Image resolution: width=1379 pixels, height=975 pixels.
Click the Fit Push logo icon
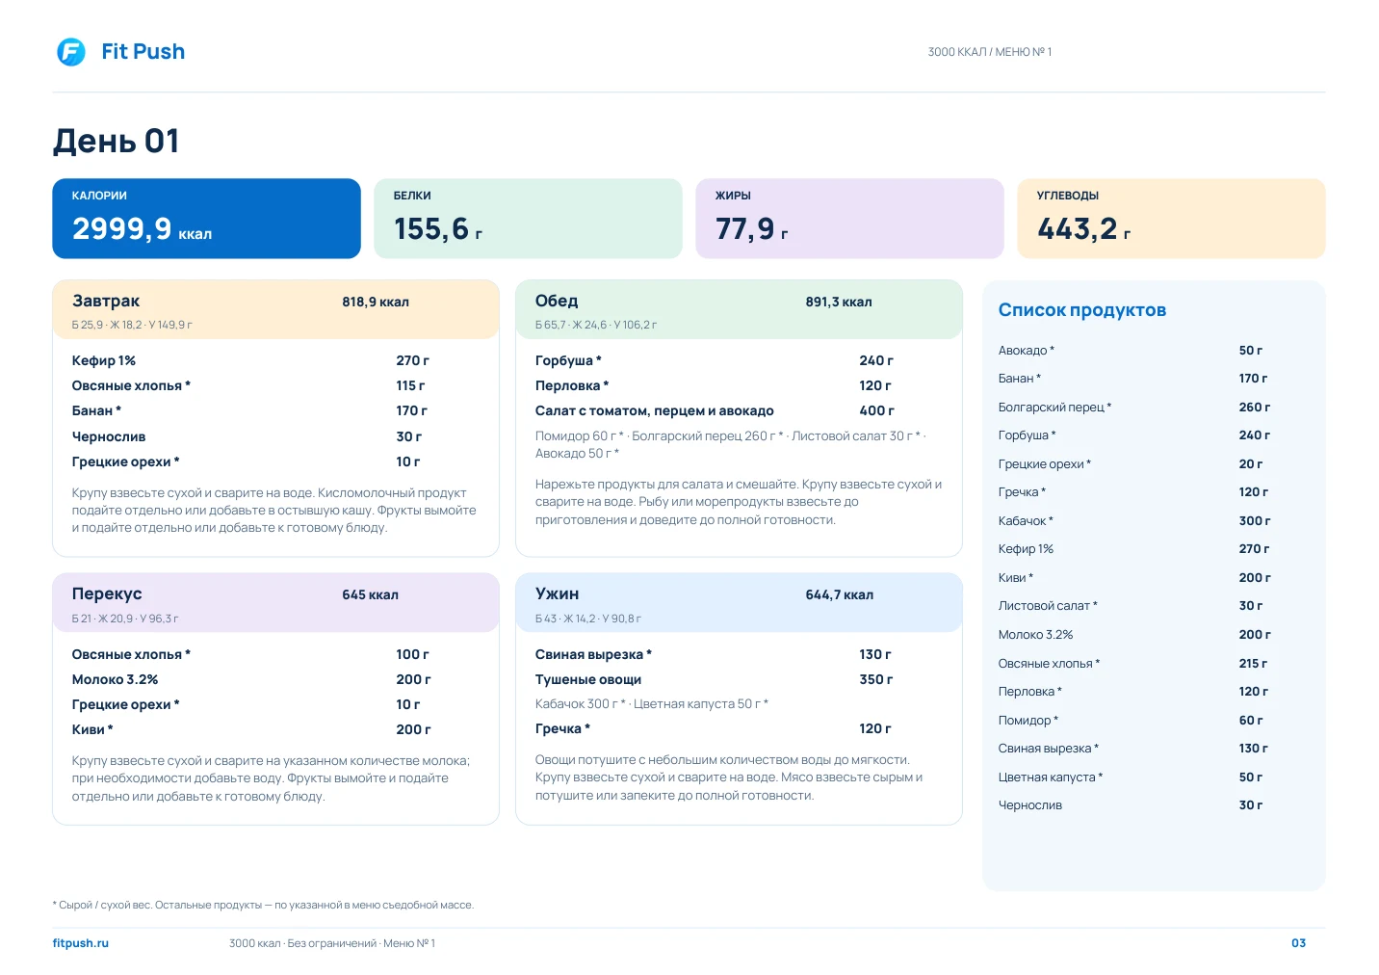(71, 52)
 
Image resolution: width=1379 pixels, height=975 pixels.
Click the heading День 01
(116, 141)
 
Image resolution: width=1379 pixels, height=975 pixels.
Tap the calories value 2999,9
(122, 228)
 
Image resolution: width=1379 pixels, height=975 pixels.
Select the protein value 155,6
(431, 228)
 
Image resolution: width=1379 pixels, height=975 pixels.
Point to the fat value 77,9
(745, 228)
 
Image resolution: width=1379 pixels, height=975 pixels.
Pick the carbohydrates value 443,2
(1077, 228)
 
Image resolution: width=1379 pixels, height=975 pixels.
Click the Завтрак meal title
(106, 301)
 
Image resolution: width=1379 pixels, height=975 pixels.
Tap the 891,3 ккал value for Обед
(839, 302)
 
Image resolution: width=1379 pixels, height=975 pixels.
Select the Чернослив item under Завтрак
(109, 436)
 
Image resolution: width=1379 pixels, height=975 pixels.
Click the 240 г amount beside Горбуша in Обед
(876, 360)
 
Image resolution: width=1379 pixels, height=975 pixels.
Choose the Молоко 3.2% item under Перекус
(115, 679)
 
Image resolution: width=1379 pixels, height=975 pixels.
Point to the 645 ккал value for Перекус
(370, 595)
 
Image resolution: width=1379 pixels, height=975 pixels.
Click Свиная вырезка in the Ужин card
(588, 654)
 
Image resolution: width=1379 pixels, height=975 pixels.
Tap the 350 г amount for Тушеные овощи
(876, 679)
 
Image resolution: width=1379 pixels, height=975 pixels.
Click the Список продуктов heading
(1082, 310)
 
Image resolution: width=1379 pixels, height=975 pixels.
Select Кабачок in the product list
(1022, 521)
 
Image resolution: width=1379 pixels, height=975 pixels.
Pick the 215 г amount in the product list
(1253, 664)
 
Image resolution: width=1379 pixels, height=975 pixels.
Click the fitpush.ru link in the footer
(81, 943)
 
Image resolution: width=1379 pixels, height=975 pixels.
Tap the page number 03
(1298, 943)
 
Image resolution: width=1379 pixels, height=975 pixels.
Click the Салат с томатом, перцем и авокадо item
(655, 410)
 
